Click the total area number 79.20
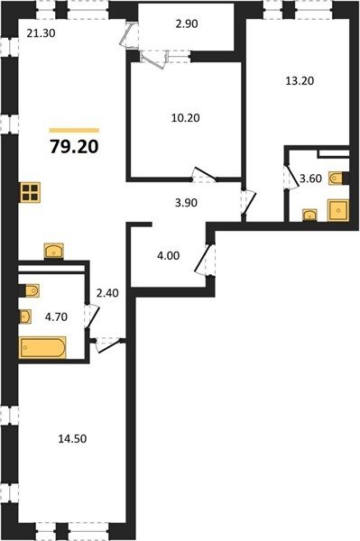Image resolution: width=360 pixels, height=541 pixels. point(74,147)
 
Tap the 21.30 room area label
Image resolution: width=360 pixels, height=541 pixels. point(42,33)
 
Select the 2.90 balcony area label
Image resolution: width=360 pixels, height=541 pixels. point(187,24)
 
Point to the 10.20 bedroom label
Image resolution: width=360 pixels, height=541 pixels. point(186,118)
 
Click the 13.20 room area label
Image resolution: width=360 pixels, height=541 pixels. point(300,81)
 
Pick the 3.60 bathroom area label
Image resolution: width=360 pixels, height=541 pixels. point(310,179)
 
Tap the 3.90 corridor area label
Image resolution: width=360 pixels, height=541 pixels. point(186,203)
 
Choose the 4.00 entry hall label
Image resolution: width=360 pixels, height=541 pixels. point(169,256)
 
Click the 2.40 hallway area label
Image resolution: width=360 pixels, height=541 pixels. point(107,293)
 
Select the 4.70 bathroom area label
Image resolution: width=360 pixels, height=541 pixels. point(56,316)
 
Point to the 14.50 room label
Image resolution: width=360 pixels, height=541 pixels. point(72,439)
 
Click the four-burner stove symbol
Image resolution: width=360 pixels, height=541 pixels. point(30,192)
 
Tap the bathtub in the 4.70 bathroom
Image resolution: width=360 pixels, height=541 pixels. point(42,347)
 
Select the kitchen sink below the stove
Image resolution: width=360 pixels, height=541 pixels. point(54,251)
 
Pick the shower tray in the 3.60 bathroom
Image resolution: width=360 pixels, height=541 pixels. point(338,210)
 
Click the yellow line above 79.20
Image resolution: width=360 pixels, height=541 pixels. point(74,131)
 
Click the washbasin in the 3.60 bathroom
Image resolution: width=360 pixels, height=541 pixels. point(309,215)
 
